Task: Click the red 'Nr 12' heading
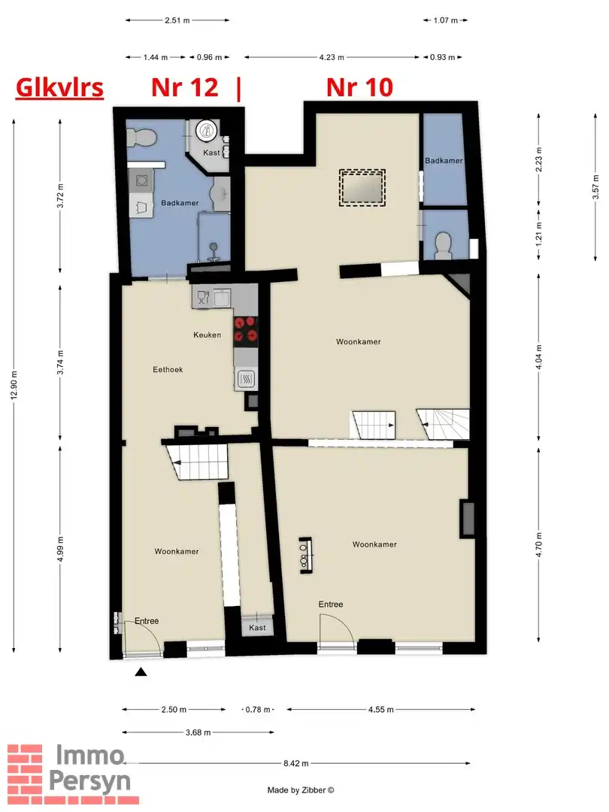point(184,88)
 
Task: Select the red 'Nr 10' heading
point(359,88)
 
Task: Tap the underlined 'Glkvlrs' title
point(59,88)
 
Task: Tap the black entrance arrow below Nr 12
point(140,673)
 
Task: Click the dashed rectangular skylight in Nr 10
point(362,187)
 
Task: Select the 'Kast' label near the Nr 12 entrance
point(257,627)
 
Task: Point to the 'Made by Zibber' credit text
point(301,790)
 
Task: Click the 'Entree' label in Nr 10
point(330,604)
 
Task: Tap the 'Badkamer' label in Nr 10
point(443,161)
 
